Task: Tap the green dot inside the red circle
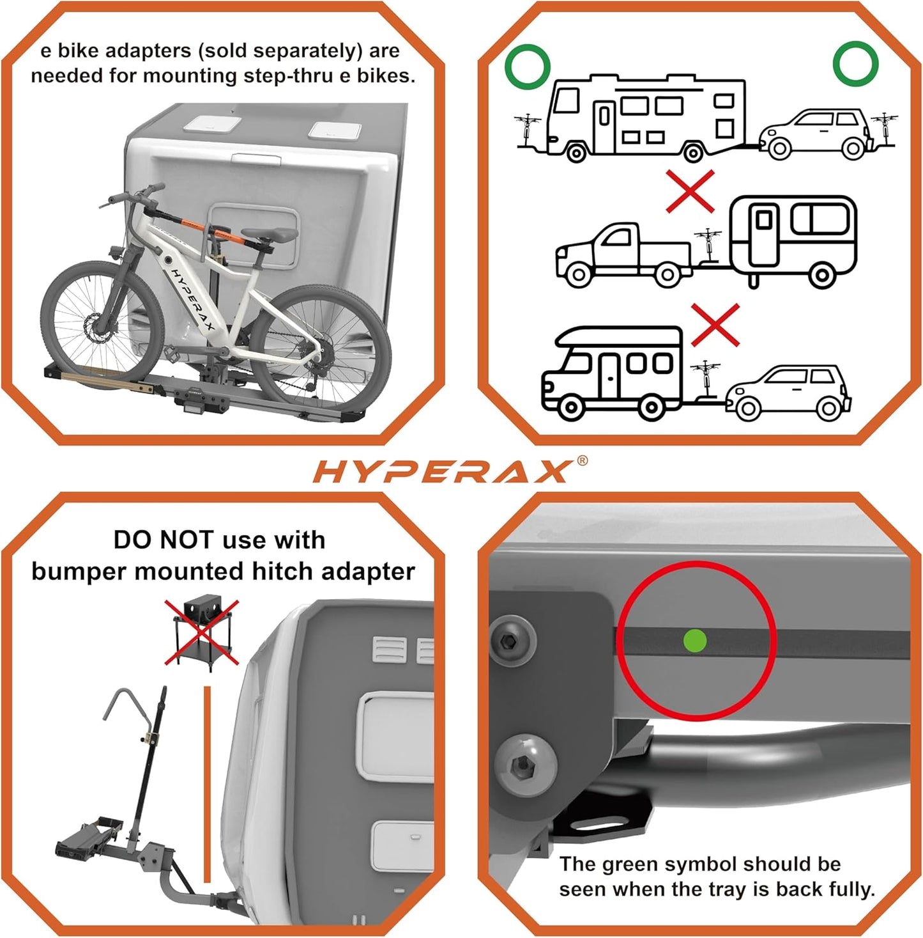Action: pos(695,641)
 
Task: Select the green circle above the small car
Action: pos(855,63)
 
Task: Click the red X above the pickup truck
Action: pos(690,191)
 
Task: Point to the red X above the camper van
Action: pos(715,325)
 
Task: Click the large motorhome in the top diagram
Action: pos(645,118)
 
